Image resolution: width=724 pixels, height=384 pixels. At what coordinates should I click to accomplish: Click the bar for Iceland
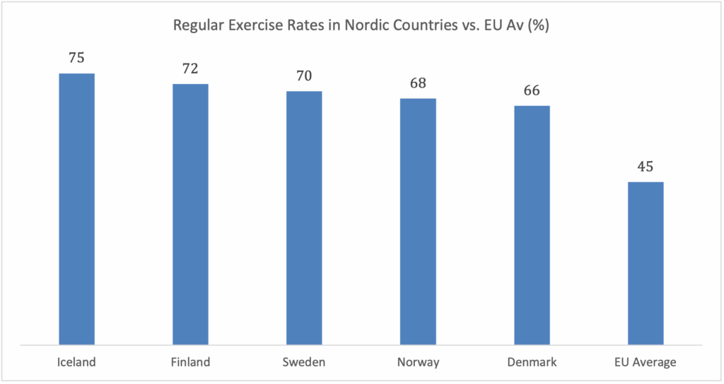click(76, 209)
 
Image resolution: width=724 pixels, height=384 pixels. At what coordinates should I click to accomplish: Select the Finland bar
click(190, 214)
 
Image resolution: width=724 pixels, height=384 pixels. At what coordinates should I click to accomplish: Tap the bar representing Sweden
click(304, 218)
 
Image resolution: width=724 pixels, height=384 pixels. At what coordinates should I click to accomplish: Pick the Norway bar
click(418, 222)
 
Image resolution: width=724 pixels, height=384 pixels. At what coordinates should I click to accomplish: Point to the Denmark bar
click(532, 225)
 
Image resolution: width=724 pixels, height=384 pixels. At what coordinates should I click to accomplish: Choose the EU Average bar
click(646, 263)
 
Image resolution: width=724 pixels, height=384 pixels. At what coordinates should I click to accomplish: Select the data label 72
click(190, 69)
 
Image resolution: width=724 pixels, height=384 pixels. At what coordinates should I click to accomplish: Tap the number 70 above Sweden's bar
click(304, 76)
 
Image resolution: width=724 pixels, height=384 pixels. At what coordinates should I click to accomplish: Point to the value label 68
click(418, 83)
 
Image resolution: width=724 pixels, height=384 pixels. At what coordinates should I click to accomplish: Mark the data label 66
click(532, 91)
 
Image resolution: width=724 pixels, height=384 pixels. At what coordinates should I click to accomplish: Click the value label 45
click(646, 167)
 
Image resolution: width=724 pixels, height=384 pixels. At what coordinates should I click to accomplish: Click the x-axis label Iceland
click(76, 363)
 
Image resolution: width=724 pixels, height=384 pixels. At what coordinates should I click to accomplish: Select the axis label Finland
click(190, 363)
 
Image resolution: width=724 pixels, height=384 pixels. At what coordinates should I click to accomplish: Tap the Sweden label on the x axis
click(304, 363)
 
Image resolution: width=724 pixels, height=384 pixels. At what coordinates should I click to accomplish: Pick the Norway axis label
click(418, 363)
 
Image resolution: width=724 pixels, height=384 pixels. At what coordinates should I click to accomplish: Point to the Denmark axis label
click(532, 363)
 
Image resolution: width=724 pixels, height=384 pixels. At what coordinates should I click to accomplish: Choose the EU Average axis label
click(646, 363)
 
